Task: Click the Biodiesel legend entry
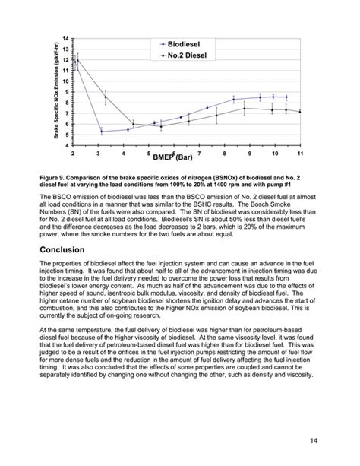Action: pos(189,46)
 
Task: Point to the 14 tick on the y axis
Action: pos(66,39)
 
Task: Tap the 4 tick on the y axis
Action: pos(67,145)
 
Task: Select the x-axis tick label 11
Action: pos(300,154)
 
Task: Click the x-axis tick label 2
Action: pos(73,154)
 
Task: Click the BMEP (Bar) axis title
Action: pos(173,157)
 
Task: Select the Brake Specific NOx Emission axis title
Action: pos(56,90)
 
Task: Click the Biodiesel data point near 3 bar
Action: pos(101,132)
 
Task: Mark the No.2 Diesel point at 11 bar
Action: pos(300,112)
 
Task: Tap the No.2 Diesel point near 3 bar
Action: pos(106,97)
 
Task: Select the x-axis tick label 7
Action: pos(199,154)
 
